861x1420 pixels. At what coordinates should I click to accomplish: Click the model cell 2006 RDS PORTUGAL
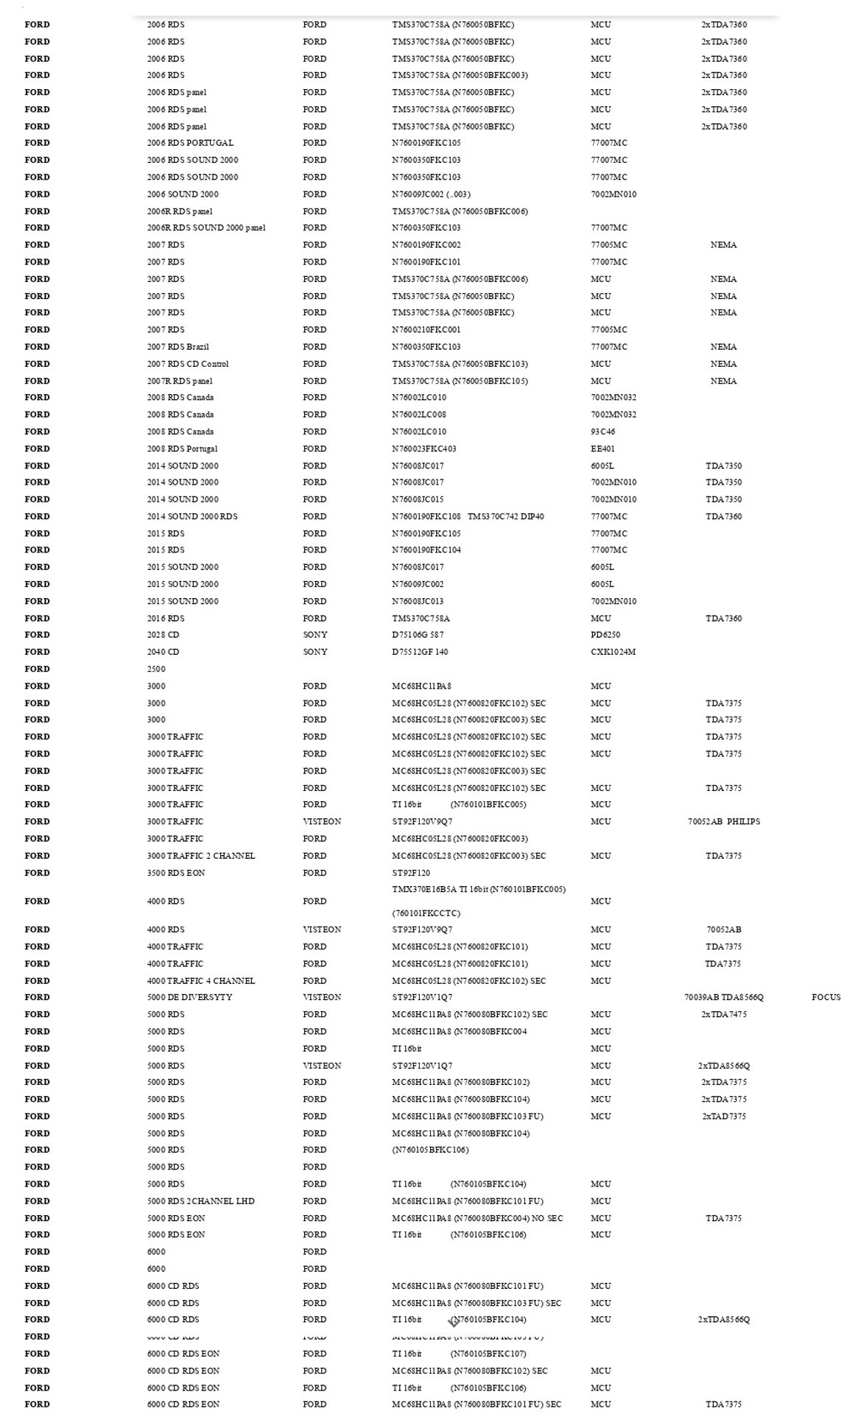point(190,143)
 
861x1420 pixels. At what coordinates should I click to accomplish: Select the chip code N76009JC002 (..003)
point(431,194)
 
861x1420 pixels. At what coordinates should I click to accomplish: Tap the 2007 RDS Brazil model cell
point(178,347)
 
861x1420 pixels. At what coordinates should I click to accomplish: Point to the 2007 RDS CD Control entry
point(188,364)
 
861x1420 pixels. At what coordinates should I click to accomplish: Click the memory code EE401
point(602,449)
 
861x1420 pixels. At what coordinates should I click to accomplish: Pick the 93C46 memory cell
point(602,432)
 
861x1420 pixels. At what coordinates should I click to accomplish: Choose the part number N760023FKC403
point(424,449)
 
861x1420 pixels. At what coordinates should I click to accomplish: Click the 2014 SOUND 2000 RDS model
point(192,516)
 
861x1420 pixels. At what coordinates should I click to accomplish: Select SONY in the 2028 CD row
point(315,635)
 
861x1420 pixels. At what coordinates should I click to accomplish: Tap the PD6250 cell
point(605,635)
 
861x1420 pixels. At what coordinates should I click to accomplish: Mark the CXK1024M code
point(613,652)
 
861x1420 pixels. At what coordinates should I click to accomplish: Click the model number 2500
point(156,669)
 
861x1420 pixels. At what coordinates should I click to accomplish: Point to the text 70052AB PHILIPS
point(724,821)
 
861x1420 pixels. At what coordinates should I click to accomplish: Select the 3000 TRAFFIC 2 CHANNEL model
point(201,856)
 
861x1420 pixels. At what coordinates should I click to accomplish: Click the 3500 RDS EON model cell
point(176,873)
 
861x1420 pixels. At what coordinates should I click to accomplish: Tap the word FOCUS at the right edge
point(826,997)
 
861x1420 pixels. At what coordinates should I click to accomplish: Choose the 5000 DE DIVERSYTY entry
point(189,997)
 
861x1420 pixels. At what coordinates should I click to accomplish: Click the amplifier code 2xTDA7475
point(724,1014)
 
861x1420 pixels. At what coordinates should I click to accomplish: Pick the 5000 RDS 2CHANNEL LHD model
point(200,1201)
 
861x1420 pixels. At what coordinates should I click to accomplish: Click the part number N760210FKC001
point(426,330)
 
